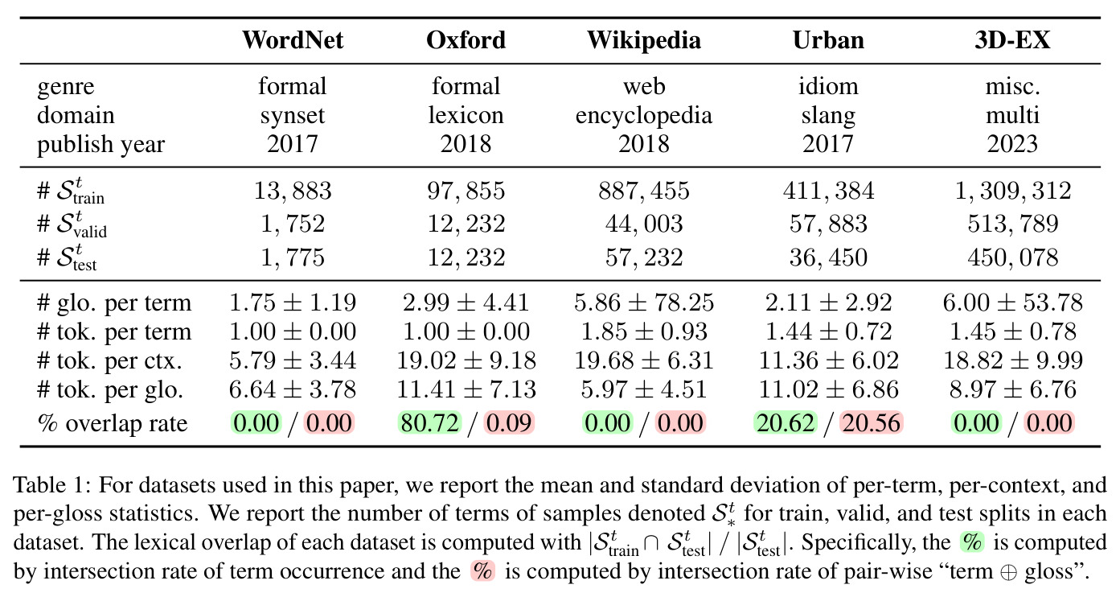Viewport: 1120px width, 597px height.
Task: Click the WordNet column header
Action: pos(293,40)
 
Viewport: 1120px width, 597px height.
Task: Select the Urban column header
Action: pos(828,40)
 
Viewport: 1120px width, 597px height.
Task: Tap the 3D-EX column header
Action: pos(1012,40)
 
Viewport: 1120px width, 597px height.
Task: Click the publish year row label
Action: pos(101,145)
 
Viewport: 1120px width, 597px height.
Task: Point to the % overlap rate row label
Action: pos(113,423)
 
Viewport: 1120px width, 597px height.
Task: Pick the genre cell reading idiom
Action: pos(828,86)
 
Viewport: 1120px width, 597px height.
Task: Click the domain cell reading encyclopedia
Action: pos(643,116)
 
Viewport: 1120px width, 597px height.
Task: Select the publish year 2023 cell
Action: pos(1012,144)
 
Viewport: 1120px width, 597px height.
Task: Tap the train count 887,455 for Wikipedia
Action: pos(643,191)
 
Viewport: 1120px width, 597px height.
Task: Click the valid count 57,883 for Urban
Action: pos(828,224)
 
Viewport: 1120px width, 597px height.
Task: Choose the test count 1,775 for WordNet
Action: pos(293,257)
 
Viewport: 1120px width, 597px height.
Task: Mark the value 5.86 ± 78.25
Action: pos(643,303)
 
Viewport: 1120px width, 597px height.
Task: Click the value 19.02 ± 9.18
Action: pos(466,360)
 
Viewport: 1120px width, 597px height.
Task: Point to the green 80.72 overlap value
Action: pos(429,423)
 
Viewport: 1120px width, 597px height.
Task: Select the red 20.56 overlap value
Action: pos(871,423)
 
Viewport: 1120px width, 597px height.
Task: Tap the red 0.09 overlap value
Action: pos(509,423)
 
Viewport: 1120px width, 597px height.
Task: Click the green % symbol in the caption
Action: pos(972,542)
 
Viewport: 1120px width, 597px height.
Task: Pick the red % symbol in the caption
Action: pos(482,571)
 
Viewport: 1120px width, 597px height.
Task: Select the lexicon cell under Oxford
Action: pos(466,116)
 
